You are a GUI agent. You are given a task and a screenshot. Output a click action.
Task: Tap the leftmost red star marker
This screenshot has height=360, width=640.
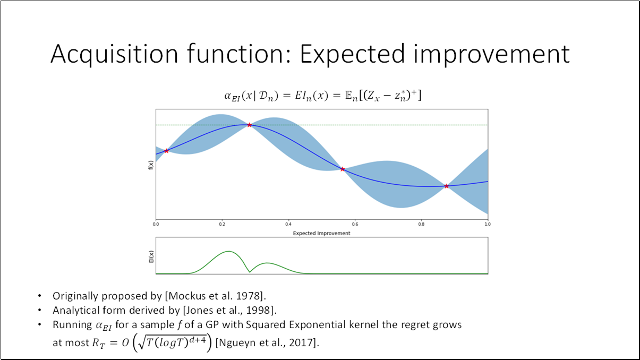tap(166, 151)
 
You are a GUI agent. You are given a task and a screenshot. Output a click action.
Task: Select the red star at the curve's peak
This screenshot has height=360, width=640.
tap(249, 125)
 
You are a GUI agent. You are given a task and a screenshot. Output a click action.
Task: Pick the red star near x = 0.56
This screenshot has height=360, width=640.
tap(343, 169)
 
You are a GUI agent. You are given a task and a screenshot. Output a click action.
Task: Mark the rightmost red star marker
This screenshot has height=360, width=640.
tap(446, 186)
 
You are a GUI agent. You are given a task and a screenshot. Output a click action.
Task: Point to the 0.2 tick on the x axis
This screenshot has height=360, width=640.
tap(221, 225)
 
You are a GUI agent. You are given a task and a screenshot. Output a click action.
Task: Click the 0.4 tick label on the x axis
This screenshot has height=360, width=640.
tap(288, 225)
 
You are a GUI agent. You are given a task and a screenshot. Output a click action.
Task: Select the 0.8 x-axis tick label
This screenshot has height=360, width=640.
tap(421, 225)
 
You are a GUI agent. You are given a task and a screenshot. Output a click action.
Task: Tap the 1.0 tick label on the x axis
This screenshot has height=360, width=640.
tap(487, 225)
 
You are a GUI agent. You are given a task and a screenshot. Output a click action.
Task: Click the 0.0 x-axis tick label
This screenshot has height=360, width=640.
tap(156, 225)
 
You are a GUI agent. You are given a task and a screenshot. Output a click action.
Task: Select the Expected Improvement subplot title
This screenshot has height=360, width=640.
tap(321, 233)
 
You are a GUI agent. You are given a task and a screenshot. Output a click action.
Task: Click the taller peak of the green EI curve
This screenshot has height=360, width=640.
tap(228, 251)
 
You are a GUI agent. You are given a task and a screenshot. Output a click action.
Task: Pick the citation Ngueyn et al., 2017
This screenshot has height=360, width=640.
tap(267, 343)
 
